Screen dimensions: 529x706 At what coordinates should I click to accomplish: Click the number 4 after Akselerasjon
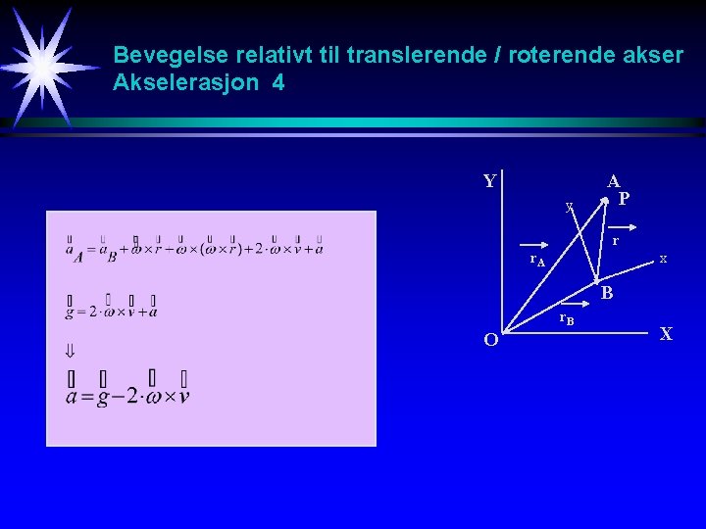pos(279,83)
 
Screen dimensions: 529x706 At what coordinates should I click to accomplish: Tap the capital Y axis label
pos(490,181)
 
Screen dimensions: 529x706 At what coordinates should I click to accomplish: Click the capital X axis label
pos(666,334)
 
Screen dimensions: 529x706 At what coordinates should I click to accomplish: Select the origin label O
pos(491,340)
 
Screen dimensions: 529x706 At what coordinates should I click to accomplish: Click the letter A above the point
pos(613,181)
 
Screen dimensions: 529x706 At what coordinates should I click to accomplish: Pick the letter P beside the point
pos(624,199)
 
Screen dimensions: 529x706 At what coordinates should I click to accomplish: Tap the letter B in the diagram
pos(607,293)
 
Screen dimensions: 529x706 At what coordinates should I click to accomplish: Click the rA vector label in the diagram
pos(537,260)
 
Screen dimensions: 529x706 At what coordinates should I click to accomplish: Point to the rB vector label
pos(566,319)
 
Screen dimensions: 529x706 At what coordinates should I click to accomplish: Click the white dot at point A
pos(607,201)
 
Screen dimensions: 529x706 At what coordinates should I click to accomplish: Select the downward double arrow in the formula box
pos(71,350)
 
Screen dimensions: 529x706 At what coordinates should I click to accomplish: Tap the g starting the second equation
pos(70,312)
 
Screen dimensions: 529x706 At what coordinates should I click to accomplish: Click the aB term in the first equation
pos(109,253)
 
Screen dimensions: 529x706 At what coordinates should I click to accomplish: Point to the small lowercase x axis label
pos(664,259)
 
